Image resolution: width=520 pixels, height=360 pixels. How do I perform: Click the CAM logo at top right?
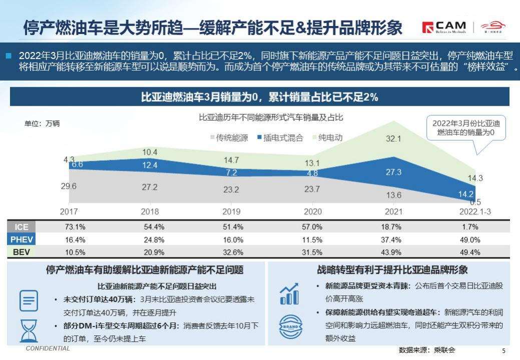(444, 27)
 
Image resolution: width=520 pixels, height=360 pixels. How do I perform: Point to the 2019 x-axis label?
(231, 212)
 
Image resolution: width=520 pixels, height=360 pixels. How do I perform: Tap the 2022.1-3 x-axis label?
(475, 212)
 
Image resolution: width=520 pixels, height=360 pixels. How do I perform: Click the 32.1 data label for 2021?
(393, 139)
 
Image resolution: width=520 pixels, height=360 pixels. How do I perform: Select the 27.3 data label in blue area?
(393, 172)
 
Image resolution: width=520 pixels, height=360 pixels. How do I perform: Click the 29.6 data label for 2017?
(69, 186)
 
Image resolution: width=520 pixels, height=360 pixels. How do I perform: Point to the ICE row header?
(22, 227)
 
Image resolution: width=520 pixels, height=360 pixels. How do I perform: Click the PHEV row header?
(22, 239)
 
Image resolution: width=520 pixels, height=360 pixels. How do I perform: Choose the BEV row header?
(22, 252)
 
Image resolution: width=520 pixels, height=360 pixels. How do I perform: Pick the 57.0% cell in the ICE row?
(312, 227)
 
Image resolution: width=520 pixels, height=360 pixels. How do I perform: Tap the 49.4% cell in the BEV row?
(470, 252)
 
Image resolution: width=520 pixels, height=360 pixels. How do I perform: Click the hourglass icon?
(29, 330)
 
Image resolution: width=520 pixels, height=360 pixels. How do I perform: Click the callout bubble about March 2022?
(465, 128)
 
